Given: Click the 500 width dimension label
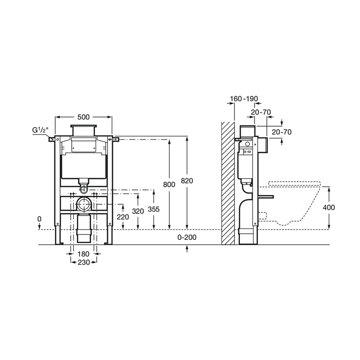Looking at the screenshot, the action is tap(83, 117).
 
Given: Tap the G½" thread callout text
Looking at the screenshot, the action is tap(40, 130).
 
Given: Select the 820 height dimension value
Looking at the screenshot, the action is tap(187, 181).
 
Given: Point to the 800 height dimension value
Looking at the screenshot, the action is tap(169, 184).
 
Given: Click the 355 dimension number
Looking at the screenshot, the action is tap(153, 209).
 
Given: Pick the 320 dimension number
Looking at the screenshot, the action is tap(138, 211).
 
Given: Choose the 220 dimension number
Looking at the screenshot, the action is tap(123, 217).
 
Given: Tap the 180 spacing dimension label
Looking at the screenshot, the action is tap(83, 254).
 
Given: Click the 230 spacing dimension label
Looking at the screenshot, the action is tap(84, 262).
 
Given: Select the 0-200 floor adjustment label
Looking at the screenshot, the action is tap(187, 237).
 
